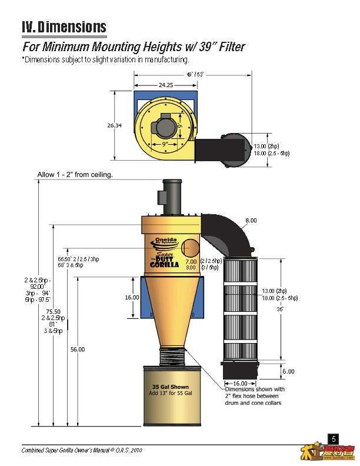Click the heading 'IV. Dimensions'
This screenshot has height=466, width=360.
point(64,27)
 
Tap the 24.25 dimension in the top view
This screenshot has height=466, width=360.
point(165,84)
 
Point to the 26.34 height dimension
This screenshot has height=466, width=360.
point(114,125)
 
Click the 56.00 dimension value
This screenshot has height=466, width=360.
point(77,349)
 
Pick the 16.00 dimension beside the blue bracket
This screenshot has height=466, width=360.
point(132,298)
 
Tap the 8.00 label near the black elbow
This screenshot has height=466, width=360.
point(251,221)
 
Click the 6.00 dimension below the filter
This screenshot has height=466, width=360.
point(288,371)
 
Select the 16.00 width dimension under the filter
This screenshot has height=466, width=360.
point(239,383)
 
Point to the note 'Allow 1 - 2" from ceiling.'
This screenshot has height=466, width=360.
point(75,175)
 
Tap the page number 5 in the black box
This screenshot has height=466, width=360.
point(334,439)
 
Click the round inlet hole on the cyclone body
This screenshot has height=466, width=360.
point(191,247)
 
